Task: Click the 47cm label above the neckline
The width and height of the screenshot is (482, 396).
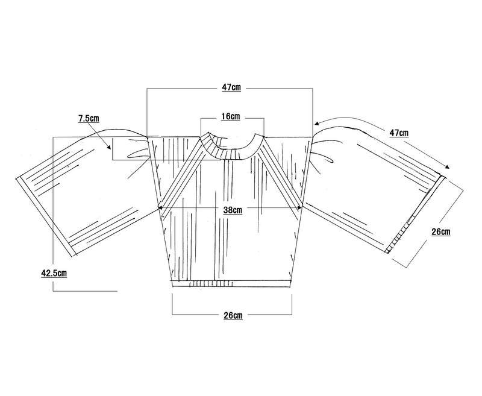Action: pyautogui.click(x=231, y=87)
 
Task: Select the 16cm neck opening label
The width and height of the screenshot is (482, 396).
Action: pyautogui.click(x=231, y=116)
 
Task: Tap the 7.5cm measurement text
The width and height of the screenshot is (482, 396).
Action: pyautogui.click(x=89, y=119)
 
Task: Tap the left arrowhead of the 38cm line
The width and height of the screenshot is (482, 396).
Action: pyautogui.click(x=160, y=209)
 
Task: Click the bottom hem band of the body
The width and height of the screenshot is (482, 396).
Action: pyautogui.click(x=232, y=282)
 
